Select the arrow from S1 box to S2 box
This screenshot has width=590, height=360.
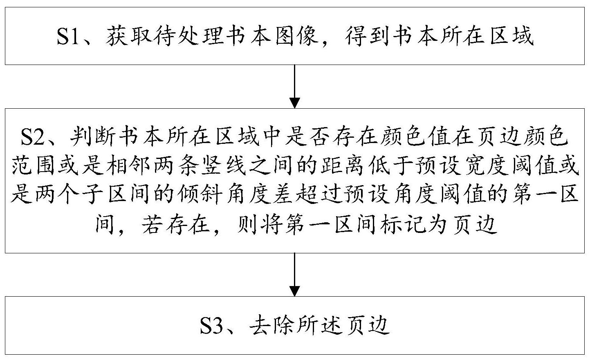point(295,86)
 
